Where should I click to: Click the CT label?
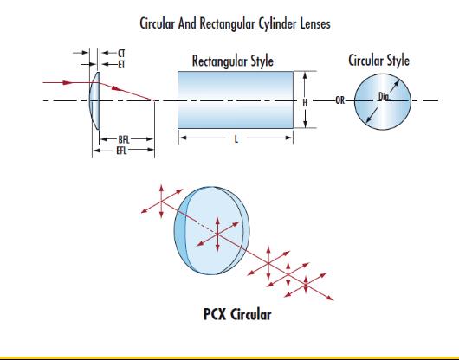(x=121, y=54)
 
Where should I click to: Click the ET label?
(x=121, y=64)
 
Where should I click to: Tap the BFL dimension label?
(x=124, y=139)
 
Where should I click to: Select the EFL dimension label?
(x=121, y=151)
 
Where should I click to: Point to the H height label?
(x=305, y=103)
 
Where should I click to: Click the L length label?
(x=236, y=139)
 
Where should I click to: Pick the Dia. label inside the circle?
(x=384, y=96)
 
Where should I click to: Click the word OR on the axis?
(x=339, y=100)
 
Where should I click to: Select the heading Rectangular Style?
(x=233, y=61)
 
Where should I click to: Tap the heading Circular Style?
(x=378, y=61)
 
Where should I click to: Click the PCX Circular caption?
(x=237, y=314)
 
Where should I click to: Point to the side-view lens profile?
(x=94, y=100)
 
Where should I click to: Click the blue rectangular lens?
(x=236, y=100)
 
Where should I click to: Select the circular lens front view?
(x=383, y=101)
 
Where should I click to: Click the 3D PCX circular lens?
(x=211, y=231)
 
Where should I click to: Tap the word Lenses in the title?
(x=315, y=23)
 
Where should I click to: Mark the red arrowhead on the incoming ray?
(x=68, y=83)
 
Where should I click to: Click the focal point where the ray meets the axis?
(x=154, y=100)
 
